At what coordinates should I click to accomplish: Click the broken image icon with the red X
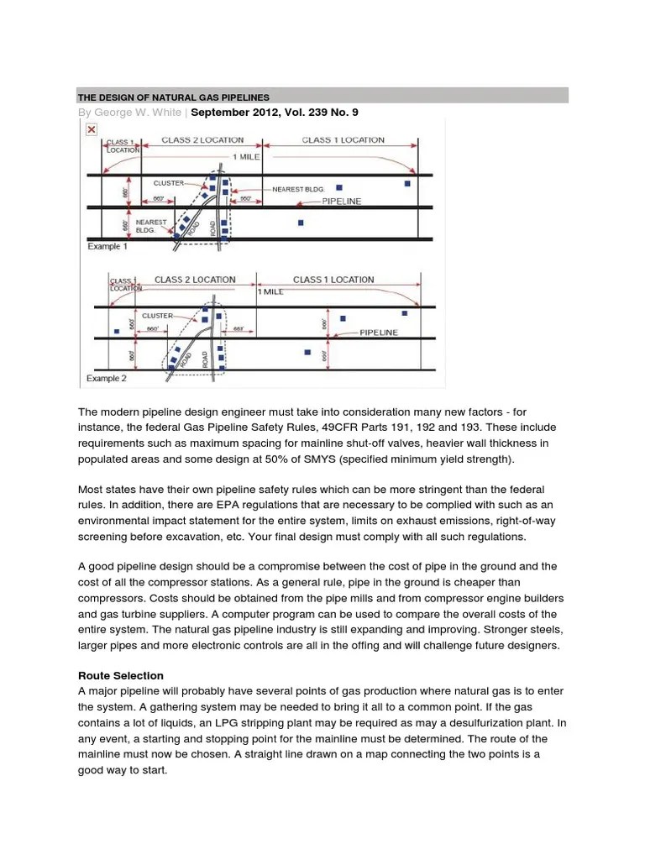click(91, 128)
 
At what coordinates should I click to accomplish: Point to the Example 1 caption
click(107, 248)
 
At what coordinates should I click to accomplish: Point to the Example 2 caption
click(107, 379)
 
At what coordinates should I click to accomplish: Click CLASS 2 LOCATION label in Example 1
click(202, 140)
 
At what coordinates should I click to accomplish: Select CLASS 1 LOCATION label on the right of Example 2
click(333, 280)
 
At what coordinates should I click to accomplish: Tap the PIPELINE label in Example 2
click(378, 333)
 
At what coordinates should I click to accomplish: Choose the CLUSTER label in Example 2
click(157, 316)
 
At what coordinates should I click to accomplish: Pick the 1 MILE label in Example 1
click(245, 157)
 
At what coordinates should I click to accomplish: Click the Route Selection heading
click(120, 675)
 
